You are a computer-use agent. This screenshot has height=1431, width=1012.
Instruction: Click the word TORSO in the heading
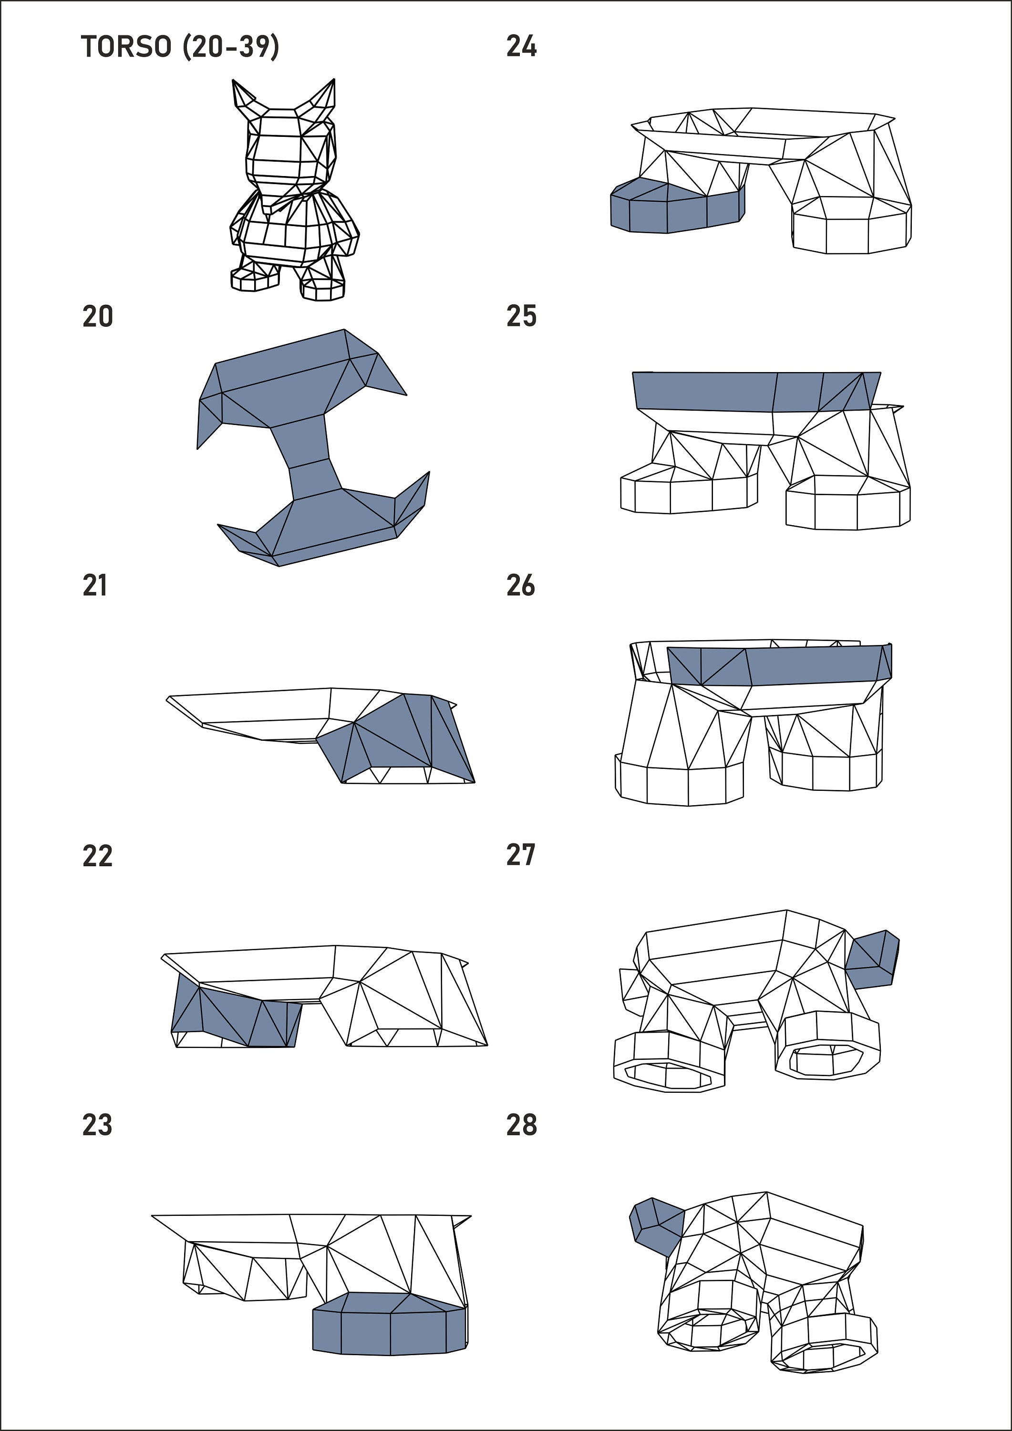(x=126, y=47)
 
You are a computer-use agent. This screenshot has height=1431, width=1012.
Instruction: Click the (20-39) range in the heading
(x=230, y=47)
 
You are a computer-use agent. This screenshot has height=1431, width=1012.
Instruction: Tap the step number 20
(x=98, y=317)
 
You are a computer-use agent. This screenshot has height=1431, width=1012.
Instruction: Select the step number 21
(x=95, y=586)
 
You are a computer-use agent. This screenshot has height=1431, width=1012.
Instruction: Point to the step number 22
(x=98, y=856)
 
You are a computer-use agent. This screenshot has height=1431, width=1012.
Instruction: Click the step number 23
(x=98, y=1125)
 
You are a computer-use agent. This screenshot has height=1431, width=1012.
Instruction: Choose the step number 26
(x=521, y=586)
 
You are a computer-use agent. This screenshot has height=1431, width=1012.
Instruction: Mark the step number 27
(x=521, y=855)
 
